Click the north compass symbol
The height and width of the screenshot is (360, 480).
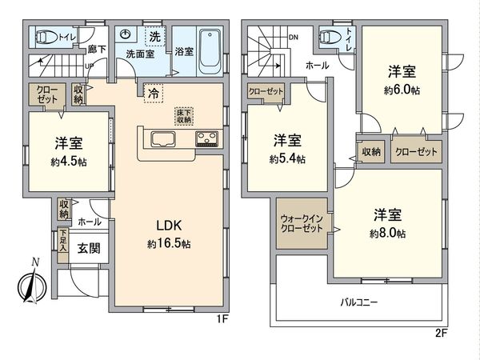[x=28, y=285]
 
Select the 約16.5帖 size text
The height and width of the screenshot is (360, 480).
[x=168, y=242]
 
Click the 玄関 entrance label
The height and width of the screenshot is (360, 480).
[x=89, y=248]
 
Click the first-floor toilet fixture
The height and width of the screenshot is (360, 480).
[x=46, y=37]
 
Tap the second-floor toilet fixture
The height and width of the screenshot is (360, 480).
[x=329, y=37]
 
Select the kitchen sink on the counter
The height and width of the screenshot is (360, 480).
[x=161, y=141]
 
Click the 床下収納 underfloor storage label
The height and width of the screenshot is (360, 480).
[x=182, y=117]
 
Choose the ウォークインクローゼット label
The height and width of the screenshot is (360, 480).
[x=302, y=224]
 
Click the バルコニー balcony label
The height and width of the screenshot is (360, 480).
[x=359, y=303]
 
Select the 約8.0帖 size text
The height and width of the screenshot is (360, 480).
[x=389, y=234]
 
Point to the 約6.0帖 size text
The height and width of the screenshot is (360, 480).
[x=402, y=90]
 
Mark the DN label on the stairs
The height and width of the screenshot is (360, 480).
[x=293, y=37]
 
